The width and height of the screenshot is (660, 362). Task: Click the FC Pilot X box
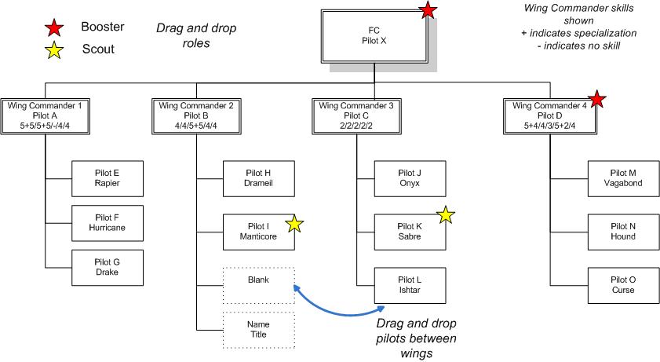click(374, 35)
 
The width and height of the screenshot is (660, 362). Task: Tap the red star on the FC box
click(428, 10)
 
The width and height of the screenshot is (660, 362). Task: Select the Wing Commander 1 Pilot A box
click(45, 115)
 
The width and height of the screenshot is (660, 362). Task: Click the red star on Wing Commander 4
click(596, 99)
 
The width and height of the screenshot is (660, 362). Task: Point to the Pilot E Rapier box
click(107, 178)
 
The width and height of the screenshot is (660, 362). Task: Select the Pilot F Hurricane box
click(107, 223)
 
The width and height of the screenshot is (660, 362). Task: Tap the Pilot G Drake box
click(107, 267)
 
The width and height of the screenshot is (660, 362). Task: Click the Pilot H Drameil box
click(258, 178)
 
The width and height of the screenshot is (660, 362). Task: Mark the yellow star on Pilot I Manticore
click(294, 224)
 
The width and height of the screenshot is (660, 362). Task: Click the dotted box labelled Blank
click(258, 280)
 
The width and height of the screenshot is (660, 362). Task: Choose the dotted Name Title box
click(258, 329)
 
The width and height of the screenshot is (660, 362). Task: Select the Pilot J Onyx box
click(410, 178)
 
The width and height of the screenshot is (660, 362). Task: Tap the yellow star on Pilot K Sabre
click(445, 214)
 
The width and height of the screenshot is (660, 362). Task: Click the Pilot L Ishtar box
click(410, 285)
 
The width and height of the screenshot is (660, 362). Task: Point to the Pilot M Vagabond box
click(623, 178)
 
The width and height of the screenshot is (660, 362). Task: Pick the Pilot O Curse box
click(623, 285)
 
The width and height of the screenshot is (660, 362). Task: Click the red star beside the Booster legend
click(54, 27)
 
